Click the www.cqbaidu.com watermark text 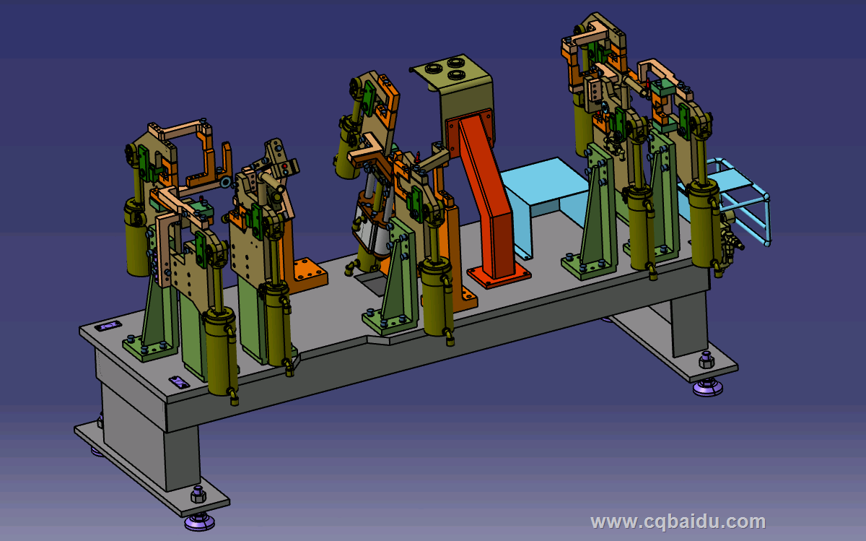[678, 522]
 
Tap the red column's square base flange [499, 275]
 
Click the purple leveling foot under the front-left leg [199, 522]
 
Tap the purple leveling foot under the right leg [707, 388]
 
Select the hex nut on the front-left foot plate [198, 495]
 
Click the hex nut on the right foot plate [707, 360]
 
